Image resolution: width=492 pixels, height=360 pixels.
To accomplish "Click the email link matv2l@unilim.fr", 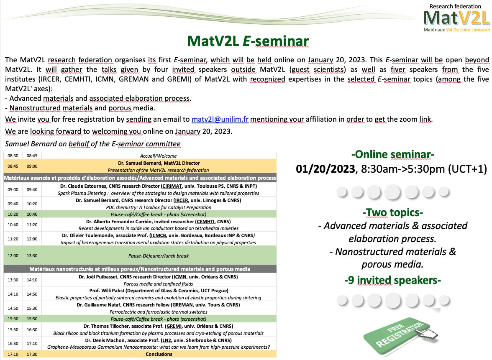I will (220, 119).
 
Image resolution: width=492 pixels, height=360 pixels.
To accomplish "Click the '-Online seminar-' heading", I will (392, 155).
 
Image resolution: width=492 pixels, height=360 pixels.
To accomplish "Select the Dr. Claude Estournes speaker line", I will (158, 186).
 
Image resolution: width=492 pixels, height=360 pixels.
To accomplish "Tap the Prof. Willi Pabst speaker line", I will (158, 291).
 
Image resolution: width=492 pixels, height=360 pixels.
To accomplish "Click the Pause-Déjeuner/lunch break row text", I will (158, 255).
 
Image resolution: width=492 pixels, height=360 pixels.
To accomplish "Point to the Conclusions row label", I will (158, 354).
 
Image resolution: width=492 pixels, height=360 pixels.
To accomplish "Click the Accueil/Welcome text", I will (158, 156).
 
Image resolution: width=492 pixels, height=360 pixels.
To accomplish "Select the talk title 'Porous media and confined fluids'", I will (158, 283).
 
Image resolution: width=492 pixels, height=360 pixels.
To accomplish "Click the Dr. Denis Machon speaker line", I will (158, 340).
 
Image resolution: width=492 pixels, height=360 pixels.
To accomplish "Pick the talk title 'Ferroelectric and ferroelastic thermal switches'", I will (158, 311).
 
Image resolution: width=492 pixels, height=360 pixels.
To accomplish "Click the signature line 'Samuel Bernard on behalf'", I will (92, 144).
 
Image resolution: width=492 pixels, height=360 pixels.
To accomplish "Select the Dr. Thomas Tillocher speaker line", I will (158, 326).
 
